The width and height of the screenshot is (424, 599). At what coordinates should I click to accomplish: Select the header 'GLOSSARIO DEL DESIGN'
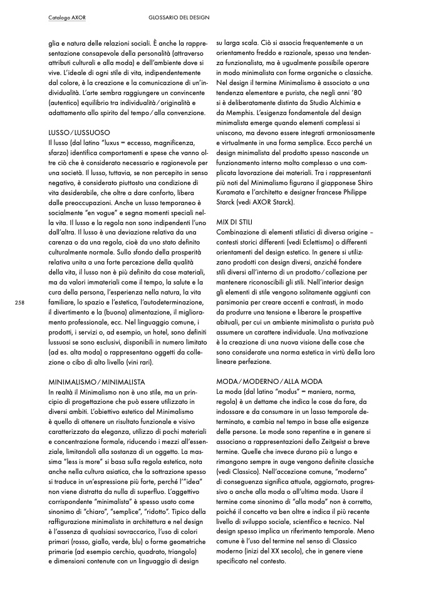tap(179, 17)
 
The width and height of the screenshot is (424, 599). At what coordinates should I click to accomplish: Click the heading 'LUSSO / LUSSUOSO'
tap(79, 134)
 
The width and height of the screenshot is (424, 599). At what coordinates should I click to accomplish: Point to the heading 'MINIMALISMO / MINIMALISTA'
tap(96, 381)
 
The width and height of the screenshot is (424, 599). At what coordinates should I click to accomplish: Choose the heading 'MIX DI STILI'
tap(235, 222)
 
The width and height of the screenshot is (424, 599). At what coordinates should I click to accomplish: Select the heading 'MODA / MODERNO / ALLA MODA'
tap(269, 381)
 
